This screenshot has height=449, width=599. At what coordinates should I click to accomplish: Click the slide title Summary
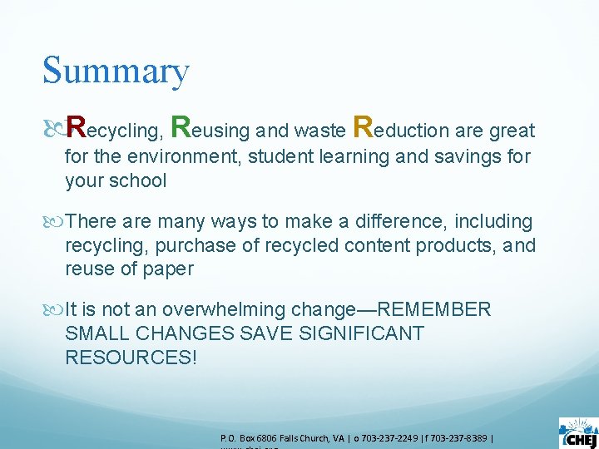[x=116, y=72]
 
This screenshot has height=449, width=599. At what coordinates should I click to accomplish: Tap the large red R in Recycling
[x=77, y=128]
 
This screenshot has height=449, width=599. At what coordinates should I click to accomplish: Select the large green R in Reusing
[x=181, y=128]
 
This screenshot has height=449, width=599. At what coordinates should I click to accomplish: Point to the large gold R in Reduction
[x=364, y=128]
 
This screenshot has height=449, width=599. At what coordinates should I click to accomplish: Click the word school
[x=137, y=180]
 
